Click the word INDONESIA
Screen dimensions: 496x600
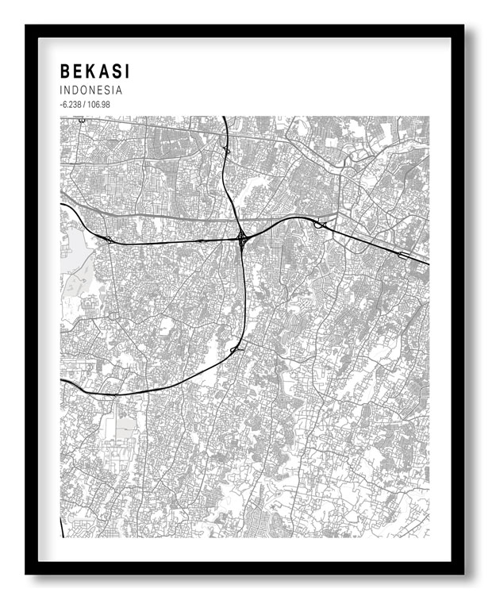click(90, 90)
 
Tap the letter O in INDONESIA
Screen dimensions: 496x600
click(87, 90)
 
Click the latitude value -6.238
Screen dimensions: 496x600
click(70, 105)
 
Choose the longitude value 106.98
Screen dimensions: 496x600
click(98, 105)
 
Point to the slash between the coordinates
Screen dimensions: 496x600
click(84, 105)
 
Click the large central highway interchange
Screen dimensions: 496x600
click(240, 237)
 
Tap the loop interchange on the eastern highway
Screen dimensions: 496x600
click(321, 225)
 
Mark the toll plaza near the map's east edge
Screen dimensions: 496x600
click(405, 255)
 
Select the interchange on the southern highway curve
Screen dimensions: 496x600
click(235, 348)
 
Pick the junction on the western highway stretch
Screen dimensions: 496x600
click(108, 238)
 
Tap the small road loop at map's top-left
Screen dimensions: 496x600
click(81, 121)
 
